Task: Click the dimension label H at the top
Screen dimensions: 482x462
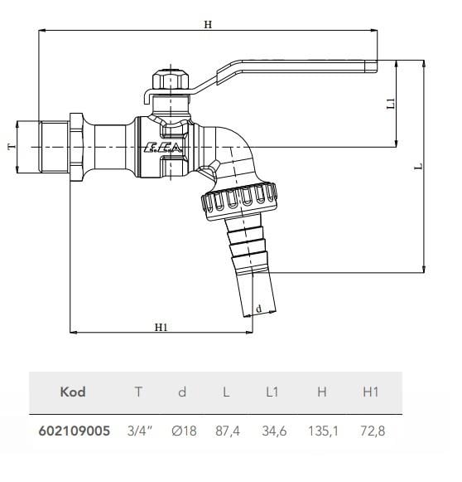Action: [x=208, y=25]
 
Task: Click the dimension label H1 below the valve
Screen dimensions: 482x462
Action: [x=161, y=326]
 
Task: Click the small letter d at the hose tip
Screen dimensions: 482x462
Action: [x=259, y=309]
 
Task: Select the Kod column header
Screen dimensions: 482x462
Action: [x=73, y=392]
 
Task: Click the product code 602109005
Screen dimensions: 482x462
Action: [x=74, y=431]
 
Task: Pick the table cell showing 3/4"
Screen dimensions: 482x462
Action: [x=137, y=431]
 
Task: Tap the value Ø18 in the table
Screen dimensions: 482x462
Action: [x=183, y=431]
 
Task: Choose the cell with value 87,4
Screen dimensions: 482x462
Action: [x=228, y=431]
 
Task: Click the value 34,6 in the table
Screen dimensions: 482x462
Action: [x=274, y=431]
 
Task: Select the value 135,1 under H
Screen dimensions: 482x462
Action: [x=322, y=431]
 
